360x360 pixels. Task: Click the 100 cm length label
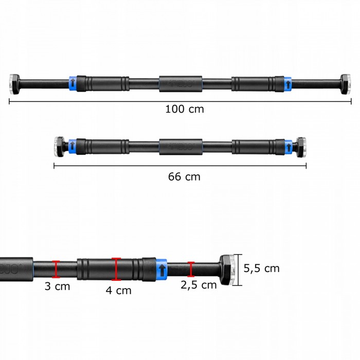[184, 109]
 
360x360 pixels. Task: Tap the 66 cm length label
[184, 176]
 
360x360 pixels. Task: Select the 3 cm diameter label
[57, 286]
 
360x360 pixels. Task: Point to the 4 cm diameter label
[118, 291]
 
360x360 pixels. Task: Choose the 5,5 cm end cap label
[261, 268]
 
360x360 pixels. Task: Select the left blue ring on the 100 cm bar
[73, 83]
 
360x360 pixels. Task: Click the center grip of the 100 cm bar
[179, 83]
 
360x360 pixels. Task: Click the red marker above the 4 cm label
[117, 269]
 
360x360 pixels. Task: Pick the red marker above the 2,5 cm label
[191, 269]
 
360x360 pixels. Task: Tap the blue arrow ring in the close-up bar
[162, 269]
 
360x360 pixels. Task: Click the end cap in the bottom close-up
[229, 269]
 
